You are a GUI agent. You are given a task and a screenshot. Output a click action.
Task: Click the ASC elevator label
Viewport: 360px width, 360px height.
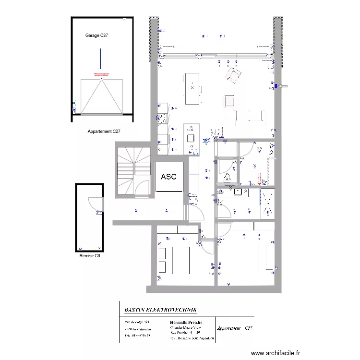pyautogui.click(x=168, y=177)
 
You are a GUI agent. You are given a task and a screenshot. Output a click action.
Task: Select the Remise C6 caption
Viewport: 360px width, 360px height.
pyautogui.click(x=90, y=256)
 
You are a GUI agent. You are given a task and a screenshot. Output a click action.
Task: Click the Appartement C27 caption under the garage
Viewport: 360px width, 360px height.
pyautogui.click(x=104, y=131)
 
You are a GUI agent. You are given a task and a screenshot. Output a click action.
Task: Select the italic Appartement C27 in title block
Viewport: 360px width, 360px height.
pyautogui.click(x=234, y=328)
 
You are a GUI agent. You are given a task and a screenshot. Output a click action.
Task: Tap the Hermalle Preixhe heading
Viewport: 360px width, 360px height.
pyautogui.click(x=186, y=322)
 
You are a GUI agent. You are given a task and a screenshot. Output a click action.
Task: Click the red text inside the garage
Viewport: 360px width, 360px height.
pyautogui.click(x=101, y=74)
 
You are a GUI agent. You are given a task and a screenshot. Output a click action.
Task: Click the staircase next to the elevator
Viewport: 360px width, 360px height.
pyautogui.click(x=133, y=172)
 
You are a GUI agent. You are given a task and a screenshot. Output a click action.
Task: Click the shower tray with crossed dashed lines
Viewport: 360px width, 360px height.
pyautogui.click(x=268, y=204)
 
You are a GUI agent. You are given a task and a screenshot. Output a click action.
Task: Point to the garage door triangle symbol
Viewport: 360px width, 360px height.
pyautogui.click(x=101, y=96)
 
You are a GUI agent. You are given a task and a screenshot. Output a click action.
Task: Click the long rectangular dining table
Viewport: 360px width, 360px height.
pyautogui.click(x=192, y=88)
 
